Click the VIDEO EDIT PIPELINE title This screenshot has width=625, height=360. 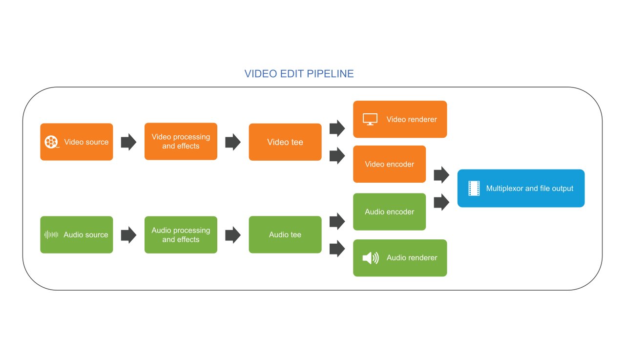click(299, 74)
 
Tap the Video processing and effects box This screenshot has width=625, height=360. click(181, 141)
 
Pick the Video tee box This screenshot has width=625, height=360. click(285, 142)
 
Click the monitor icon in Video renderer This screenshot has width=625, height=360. click(370, 119)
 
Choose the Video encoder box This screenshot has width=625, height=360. click(389, 164)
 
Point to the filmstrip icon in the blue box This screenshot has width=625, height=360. click(474, 188)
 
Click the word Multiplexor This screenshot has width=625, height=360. click(504, 188)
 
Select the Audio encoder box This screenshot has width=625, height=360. click(389, 212)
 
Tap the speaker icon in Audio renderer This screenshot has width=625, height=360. click(370, 258)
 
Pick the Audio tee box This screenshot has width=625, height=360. click(285, 234)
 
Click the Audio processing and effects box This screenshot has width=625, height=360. click(181, 234)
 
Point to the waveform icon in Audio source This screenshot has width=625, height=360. click(51, 234)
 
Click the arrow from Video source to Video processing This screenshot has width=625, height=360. click(128, 142)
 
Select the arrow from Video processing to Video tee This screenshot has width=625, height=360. click(233, 142)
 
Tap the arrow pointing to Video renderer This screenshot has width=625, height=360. click(337, 128)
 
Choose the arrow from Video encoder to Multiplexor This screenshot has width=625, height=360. click(441, 174)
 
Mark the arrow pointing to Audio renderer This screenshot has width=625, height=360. click(337, 249)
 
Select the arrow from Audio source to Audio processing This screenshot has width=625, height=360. click(128, 235)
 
